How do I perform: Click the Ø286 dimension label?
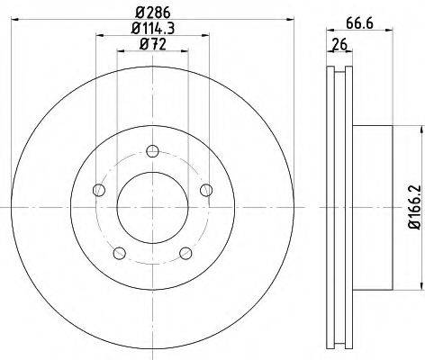coord(152,13)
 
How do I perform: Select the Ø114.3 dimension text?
coord(153,29)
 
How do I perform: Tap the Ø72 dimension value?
coord(153,45)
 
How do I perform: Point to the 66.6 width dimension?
coord(359,23)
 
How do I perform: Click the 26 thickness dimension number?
coord(339,45)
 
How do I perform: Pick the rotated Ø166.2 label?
coord(415,207)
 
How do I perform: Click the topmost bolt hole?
coord(152,151)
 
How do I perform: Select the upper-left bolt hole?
coord(99,190)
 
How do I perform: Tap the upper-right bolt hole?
coord(206,190)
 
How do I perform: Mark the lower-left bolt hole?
coord(120,253)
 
